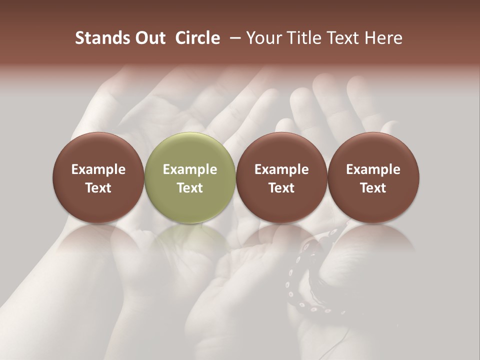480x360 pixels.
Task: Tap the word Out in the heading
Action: [x=149, y=38]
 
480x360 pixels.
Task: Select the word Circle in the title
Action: [x=197, y=38]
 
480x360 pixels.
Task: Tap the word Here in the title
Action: [x=383, y=38]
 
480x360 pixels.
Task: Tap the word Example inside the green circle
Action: [x=190, y=169]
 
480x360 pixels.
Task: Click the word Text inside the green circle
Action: [x=190, y=188]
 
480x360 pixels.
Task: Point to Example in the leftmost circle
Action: [x=98, y=169]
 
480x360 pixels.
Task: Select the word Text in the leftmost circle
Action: [x=98, y=188]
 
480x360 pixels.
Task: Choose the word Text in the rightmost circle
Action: [x=373, y=188]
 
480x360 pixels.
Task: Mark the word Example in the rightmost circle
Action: [x=373, y=169]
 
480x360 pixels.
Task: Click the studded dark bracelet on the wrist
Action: [x=300, y=280]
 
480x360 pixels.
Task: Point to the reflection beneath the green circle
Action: [x=190, y=240]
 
